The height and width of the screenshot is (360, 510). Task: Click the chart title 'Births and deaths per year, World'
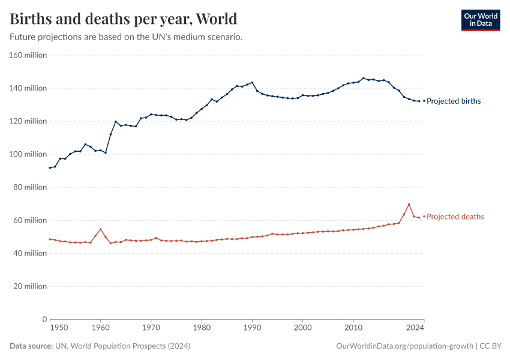click(x=123, y=19)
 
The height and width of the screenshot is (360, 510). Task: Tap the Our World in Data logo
click(x=480, y=20)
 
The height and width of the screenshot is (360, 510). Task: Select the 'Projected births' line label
click(x=454, y=101)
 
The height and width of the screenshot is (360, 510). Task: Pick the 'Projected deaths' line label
click(x=455, y=217)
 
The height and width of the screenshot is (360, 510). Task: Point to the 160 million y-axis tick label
click(x=28, y=55)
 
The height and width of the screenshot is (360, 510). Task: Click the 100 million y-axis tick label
click(x=28, y=154)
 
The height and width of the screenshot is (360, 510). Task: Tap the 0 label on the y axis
click(x=44, y=319)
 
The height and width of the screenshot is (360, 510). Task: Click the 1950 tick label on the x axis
click(x=59, y=328)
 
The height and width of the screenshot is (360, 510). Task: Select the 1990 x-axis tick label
click(x=253, y=328)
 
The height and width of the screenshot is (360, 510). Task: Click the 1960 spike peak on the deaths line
click(x=100, y=229)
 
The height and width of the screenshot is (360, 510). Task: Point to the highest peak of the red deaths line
click(x=409, y=205)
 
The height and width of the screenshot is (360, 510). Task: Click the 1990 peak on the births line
click(x=252, y=82)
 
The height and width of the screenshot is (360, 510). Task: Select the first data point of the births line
click(x=50, y=167)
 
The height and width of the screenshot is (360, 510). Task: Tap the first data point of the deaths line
click(x=50, y=239)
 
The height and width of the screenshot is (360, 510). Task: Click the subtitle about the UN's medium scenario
click(x=126, y=37)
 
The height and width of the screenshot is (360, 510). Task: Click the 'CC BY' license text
click(x=490, y=346)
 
